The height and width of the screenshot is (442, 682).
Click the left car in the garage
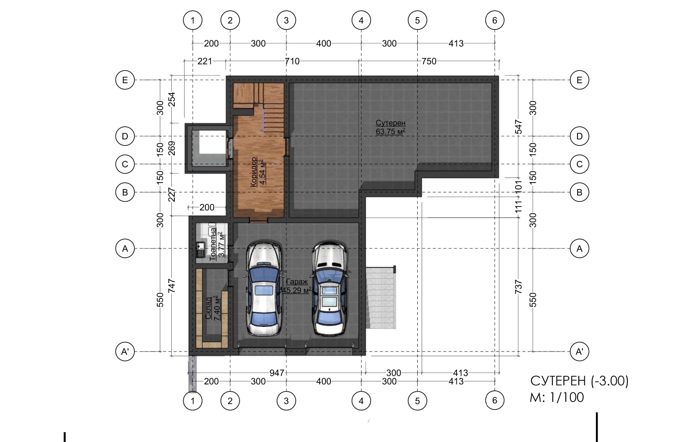(x=264, y=289)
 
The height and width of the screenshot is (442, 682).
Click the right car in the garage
(x=330, y=289)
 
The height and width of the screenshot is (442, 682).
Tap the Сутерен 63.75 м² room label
(x=390, y=127)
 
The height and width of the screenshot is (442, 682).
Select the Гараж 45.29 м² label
(x=297, y=286)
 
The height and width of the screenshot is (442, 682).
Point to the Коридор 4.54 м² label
(x=257, y=172)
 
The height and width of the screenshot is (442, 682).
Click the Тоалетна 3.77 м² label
(x=217, y=244)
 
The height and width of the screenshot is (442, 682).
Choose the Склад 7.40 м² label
(x=213, y=308)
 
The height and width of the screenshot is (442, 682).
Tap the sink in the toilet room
(x=200, y=249)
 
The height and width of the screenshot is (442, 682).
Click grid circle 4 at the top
(x=361, y=20)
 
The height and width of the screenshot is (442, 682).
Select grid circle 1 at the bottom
(x=193, y=401)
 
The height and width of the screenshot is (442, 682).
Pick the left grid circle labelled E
(x=125, y=80)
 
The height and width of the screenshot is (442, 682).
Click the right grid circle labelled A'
(x=579, y=352)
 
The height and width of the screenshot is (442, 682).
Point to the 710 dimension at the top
(x=292, y=61)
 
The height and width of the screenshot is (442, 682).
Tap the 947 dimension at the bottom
(x=277, y=372)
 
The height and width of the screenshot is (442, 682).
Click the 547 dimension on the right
(x=518, y=127)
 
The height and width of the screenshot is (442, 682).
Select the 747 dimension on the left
(x=172, y=286)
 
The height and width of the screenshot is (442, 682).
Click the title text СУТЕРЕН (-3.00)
(x=579, y=381)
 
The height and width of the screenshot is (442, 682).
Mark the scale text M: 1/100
(x=557, y=397)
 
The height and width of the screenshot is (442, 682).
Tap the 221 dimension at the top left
(x=205, y=61)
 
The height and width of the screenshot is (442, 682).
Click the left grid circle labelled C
(x=125, y=164)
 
